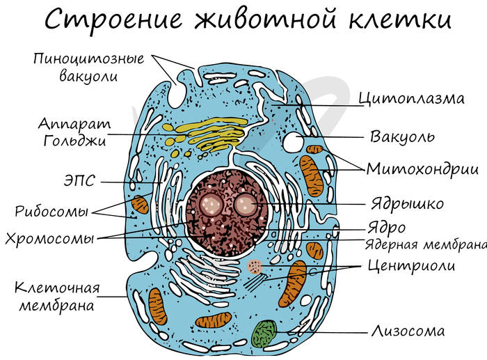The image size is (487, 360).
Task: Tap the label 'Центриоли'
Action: click(410, 265)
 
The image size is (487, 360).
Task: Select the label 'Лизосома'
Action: click(408, 331)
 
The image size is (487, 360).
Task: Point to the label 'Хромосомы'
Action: click(49, 238)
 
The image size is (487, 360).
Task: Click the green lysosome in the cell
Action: click(264, 333)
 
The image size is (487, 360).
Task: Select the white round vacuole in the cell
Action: click(292, 143)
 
